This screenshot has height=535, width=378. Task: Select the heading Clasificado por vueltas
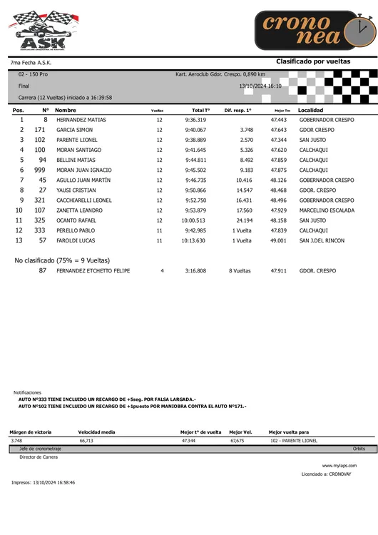313,62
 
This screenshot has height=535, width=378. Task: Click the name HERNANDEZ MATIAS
81,121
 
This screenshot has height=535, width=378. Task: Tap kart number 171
40,131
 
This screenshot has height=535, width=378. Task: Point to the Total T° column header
200,111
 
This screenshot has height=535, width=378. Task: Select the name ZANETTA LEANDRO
80,210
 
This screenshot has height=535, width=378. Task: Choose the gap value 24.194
244,220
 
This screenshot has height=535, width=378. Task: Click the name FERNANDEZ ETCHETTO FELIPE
93,272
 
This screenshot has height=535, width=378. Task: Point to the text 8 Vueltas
240,272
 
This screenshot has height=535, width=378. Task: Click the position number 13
19,240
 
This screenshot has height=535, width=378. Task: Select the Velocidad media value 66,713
86,441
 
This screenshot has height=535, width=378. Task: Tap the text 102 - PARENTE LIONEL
294,441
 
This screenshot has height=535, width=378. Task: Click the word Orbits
359,449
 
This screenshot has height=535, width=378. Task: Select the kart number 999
40,170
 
